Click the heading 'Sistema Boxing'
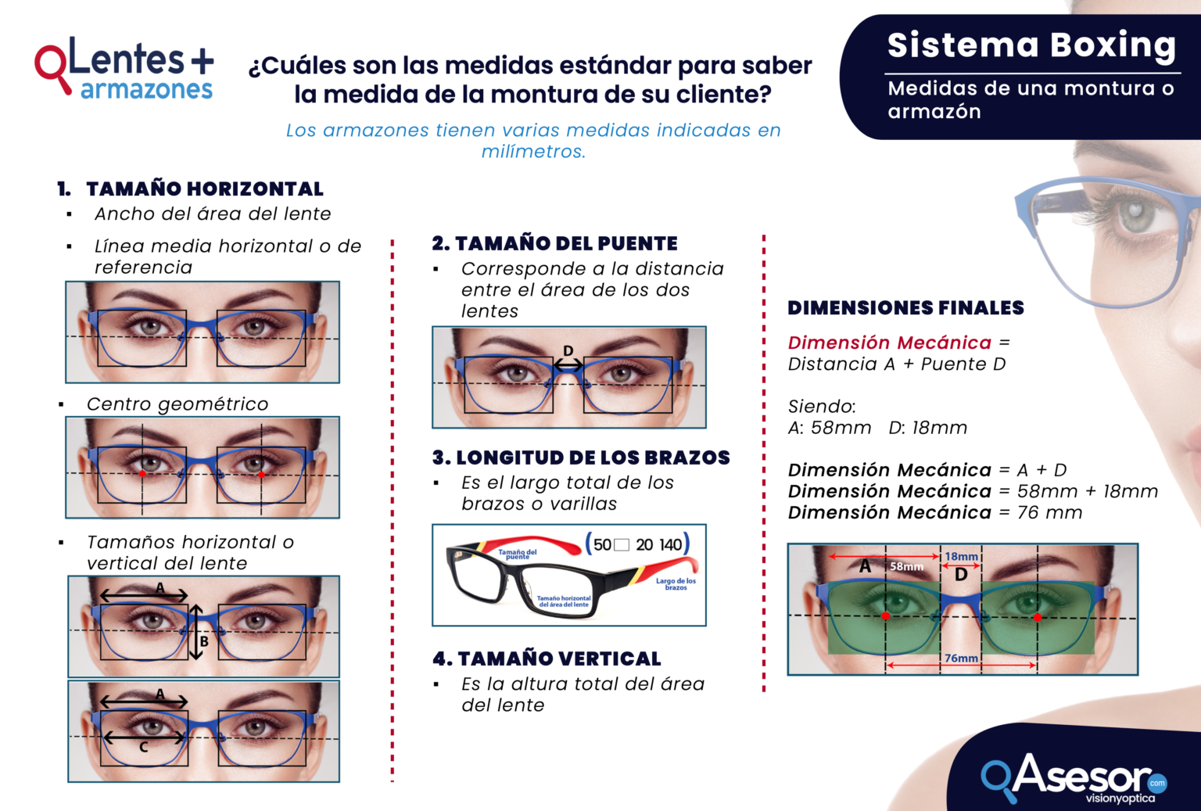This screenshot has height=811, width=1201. [1031, 45]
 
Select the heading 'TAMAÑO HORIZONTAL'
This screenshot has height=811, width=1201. [204, 189]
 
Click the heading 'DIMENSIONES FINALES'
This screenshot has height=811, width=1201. [905, 308]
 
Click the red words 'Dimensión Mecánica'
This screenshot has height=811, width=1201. [889, 343]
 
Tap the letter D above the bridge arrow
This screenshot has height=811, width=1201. [568, 351]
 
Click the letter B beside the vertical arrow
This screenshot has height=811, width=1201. [204, 641]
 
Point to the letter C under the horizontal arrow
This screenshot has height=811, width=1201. [143, 748]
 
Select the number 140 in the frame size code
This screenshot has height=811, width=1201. [670, 545]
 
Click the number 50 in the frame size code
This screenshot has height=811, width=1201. [602, 545]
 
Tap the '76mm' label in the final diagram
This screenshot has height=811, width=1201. [961, 658]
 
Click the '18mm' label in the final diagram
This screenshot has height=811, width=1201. [961, 557]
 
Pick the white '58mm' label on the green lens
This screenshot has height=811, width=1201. [906, 566]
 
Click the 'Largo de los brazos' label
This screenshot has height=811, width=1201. [676, 584]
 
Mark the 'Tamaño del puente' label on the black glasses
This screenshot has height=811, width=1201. [518, 554]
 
